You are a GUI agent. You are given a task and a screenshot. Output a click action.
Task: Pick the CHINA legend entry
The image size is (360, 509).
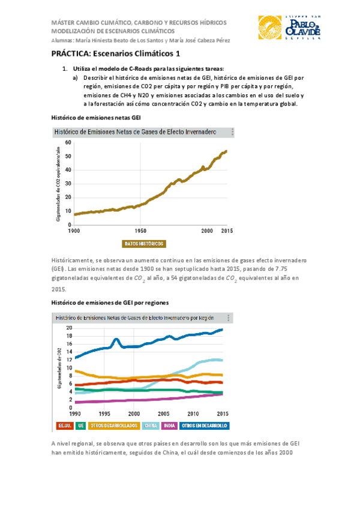point(151,426)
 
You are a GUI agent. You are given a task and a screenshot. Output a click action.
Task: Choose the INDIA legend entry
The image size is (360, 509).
point(169,426)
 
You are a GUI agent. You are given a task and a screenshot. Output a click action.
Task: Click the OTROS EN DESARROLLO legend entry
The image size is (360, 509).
point(205,426)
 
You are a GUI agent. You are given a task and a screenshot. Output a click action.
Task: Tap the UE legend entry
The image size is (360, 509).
point(81,426)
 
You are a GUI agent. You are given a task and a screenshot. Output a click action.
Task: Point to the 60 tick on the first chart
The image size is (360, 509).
point(68,142)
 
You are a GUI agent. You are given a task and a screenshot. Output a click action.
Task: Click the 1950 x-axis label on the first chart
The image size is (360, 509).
point(141,230)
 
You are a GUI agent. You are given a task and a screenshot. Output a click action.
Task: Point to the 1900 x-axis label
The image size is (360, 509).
point(74,230)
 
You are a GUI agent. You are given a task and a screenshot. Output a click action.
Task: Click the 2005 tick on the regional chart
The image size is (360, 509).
point(163,414)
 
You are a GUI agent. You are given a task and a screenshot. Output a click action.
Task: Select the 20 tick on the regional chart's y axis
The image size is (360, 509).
point(69,328)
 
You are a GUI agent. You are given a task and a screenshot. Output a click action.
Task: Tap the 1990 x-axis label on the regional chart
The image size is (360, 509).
point(74,414)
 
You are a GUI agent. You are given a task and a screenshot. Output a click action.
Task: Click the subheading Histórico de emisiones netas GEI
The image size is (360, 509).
point(96,118)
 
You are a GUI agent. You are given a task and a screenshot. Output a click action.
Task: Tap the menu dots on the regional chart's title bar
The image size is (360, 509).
point(227,317)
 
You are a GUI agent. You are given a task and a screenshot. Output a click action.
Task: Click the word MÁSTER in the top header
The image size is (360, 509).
point(65,22)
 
